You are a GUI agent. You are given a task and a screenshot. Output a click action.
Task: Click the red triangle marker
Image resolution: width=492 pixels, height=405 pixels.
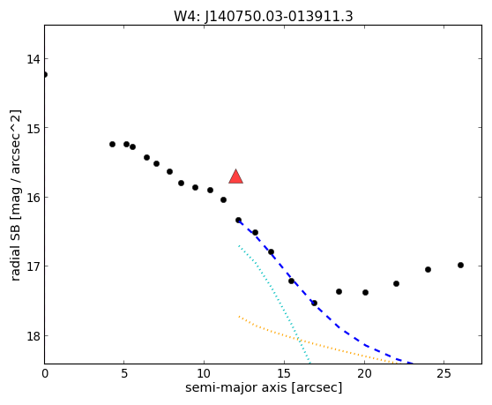[x=236, y=177]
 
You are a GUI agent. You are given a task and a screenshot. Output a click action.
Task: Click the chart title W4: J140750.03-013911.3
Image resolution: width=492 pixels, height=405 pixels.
[x=264, y=17]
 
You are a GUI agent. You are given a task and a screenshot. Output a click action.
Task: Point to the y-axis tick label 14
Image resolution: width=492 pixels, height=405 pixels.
[x=33, y=59]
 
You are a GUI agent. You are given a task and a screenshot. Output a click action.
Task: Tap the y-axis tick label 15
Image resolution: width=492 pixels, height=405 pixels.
[x=33, y=128]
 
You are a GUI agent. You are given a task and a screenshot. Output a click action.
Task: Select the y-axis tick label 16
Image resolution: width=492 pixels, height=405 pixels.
[x=33, y=198]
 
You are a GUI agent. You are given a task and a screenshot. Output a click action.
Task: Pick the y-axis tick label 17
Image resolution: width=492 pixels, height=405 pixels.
[x=33, y=266]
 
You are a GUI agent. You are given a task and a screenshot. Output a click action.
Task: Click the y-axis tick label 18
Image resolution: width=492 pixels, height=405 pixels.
[x=33, y=336]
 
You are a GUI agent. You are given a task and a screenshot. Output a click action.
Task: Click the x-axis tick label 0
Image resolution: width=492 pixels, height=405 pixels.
[x=45, y=373]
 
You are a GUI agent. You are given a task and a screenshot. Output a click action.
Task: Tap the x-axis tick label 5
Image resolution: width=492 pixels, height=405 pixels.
[x=124, y=373]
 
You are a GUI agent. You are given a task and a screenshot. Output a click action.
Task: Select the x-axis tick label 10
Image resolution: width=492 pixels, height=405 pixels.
[x=204, y=373]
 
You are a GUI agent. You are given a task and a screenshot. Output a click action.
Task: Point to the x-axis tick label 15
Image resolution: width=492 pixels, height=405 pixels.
[x=284, y=373]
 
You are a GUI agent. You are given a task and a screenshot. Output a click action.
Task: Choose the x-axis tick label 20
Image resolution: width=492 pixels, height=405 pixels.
[x=364, y=373]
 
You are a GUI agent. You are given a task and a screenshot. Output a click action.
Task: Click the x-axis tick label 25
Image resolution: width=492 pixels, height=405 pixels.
[x=444, y=373]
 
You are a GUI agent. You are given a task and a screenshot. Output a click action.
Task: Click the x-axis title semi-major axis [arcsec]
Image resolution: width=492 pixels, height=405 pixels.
[x=264, y=387]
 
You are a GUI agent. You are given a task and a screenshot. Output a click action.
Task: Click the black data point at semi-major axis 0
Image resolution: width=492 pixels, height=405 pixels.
[x=45, y=74]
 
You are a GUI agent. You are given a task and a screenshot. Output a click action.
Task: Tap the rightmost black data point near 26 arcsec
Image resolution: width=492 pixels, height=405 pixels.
[x=460, y=266]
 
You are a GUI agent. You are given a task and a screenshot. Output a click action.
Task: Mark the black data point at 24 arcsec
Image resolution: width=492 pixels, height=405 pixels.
[x=428, y=269]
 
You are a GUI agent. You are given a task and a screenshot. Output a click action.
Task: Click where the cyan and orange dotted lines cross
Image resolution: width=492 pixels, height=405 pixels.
[x=301, y=341]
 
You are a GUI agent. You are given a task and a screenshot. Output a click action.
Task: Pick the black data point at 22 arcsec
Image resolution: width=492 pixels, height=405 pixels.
[x=396, y=283]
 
